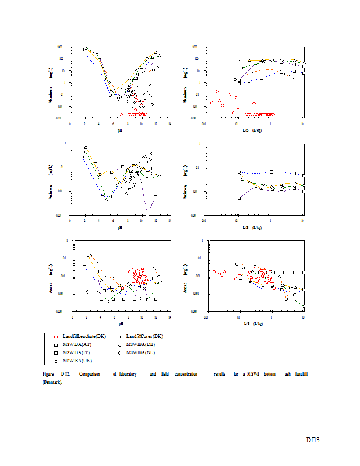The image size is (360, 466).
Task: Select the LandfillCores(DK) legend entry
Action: [x=146, y=337]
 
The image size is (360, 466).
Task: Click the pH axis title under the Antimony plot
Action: [x=119, y=227]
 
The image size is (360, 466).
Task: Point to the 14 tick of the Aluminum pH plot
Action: [x=170, y=124]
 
